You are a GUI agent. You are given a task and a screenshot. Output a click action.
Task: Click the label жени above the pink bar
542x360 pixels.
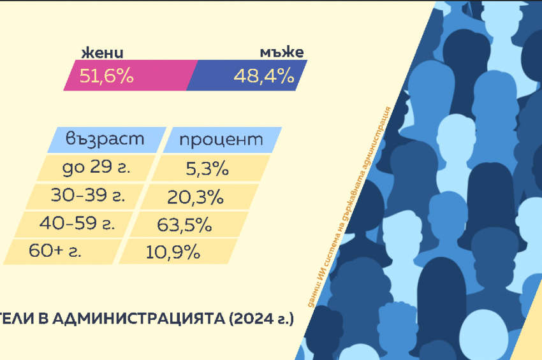click(101, 53)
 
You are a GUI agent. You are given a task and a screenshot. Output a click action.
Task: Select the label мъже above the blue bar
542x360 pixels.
click(281, 53)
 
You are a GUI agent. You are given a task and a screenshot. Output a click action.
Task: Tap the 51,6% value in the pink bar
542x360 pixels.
click(106, 76)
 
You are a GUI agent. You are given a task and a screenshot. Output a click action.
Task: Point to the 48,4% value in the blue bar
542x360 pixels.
click(263, 76)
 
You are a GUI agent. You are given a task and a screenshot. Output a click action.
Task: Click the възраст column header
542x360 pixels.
click(105, 139)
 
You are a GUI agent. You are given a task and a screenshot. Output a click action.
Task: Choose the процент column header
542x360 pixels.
click(221, 140)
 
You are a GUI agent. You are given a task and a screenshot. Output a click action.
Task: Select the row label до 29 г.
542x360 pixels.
click(97, 169)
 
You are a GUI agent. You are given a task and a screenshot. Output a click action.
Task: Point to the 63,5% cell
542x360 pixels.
click(184, 225)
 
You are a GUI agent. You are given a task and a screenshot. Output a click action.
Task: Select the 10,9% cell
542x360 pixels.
click(173, 252)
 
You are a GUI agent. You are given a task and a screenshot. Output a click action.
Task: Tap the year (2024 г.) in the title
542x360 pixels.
click(261, 319)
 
